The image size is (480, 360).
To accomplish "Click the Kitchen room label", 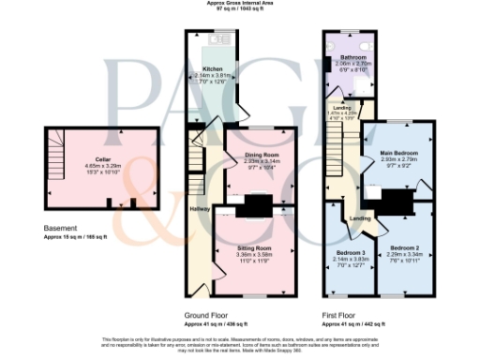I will tap(211, 68).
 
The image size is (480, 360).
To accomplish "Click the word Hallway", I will tap(200, 209).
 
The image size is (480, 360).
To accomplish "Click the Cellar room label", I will tap(89, 159).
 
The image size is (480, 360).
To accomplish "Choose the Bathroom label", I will tap(354, 57).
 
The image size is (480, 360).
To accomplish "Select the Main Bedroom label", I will tap(398, 154).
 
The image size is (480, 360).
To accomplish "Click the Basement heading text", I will tap(60, 228).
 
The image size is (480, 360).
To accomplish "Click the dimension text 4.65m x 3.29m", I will tap(89, 166).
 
